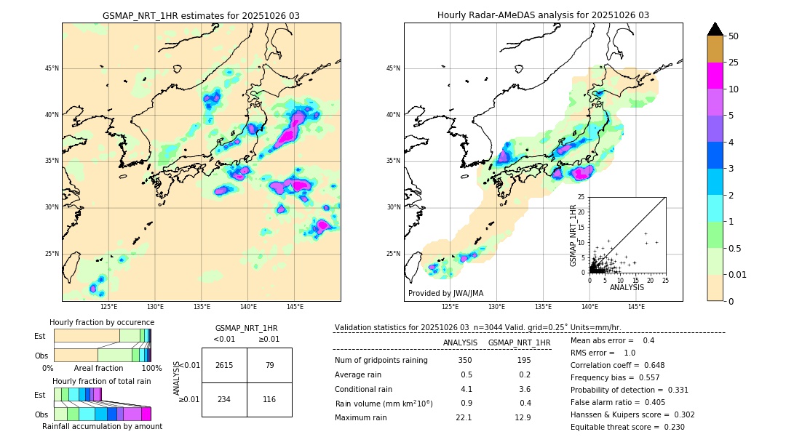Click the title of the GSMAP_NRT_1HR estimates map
pos(201,15)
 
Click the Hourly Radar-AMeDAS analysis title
pos(543,15)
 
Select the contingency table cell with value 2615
pos(224,365)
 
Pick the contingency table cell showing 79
pos(269,365)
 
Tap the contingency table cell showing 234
pos(224,399)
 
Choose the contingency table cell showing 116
pos(269,399)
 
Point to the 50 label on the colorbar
pos(734,36)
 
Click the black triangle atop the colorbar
pos(715,29)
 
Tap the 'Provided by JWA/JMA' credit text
pos(445,294)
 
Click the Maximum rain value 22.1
pos(464,417)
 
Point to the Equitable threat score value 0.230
pos(669,427)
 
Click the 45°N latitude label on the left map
pos(52,68)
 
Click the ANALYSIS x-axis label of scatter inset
pos(627,287)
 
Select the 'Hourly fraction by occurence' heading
pos(102,322)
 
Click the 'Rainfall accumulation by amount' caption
pos(102,427)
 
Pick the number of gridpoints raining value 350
pos(465,361)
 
